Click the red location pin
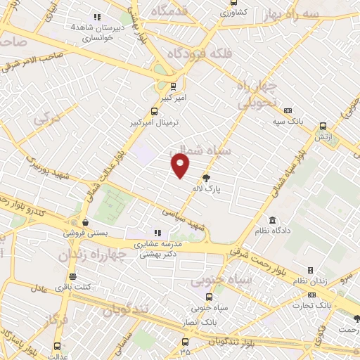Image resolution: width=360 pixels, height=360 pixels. [x=181, y=165]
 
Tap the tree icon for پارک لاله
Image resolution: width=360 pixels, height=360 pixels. [x=206, y=179]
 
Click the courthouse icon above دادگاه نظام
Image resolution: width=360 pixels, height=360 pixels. [x=272, y=221]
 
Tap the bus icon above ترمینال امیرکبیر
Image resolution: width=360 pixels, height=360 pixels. [x=155, y=111]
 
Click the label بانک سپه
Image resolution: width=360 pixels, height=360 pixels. [x=288, y=121]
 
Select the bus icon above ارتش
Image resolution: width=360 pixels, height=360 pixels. [x=323, y=126]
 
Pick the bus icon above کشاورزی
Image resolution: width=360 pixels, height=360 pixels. [x=234, y=2]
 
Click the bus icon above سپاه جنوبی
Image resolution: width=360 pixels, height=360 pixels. [x=201, y=297]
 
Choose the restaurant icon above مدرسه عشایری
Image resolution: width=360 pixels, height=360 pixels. [x=157, y=233]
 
